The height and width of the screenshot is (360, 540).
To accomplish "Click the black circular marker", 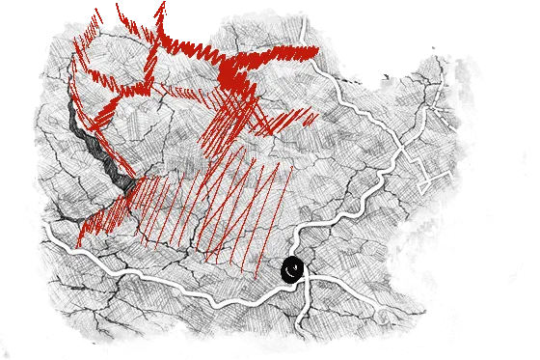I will pyautogui.click(x=292, y=270).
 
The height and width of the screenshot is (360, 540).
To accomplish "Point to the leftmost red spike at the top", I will pyautogui.click(x=95, y=19).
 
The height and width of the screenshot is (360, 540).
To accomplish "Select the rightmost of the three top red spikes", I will pyautogui.click(x=160, y=14).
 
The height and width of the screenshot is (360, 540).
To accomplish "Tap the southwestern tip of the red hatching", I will pyautogui.click(x=83, y=232).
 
